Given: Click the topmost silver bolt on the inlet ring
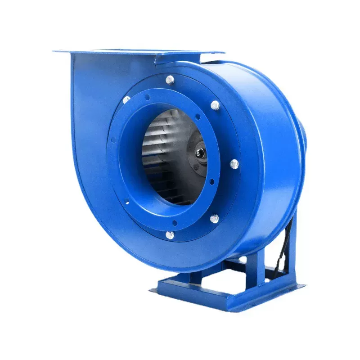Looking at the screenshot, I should click(170, 80).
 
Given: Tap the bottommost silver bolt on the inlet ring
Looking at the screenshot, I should click(170, 234).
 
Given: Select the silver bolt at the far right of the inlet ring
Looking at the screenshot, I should click(234, 164).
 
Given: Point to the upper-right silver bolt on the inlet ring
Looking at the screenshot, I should click(215, 106).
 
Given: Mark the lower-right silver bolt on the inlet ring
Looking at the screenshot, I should click(215, 218).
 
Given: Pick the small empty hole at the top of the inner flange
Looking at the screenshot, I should click(147, 97).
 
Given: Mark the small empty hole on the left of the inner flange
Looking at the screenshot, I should click(113, 140).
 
